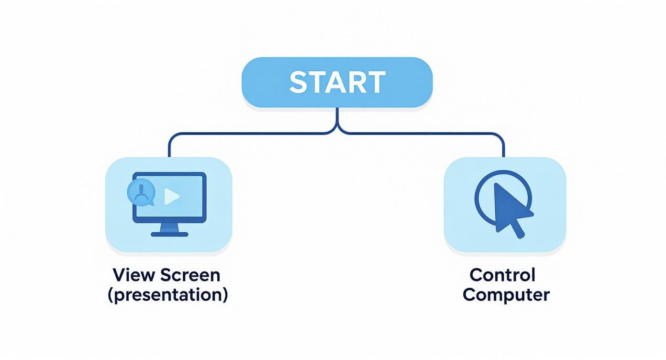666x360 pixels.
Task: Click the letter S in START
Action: point(300,82)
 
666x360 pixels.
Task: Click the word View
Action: point(133,275)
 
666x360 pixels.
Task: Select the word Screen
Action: point(190,275)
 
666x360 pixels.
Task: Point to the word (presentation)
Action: point(167,295)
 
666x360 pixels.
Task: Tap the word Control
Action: point(502,275)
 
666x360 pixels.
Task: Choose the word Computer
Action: point(506,294)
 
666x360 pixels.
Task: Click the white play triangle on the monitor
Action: point(171,196)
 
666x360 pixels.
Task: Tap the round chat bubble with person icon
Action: point(141,192)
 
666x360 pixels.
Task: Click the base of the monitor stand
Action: point(169,234)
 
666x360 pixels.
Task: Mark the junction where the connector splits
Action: point(337,128)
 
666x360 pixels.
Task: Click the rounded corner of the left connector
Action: point(172,137)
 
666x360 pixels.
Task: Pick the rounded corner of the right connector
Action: point(500,137)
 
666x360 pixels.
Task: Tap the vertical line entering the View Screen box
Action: point(169,149)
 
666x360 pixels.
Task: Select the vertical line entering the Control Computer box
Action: point(503,149)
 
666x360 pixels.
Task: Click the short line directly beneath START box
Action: point(337,115)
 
